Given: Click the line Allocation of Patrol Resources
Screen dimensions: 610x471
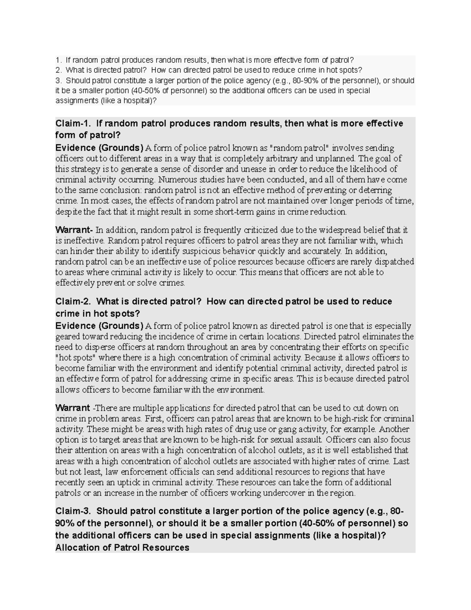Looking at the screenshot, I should [122, 548].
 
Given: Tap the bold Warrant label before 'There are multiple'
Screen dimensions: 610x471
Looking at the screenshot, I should [73, 408].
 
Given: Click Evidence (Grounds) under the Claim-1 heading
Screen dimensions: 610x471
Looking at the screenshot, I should [99, 148].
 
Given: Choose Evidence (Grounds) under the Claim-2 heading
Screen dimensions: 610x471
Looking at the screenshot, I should [99, 326].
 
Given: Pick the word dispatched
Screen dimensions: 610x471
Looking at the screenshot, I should [394, 262].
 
